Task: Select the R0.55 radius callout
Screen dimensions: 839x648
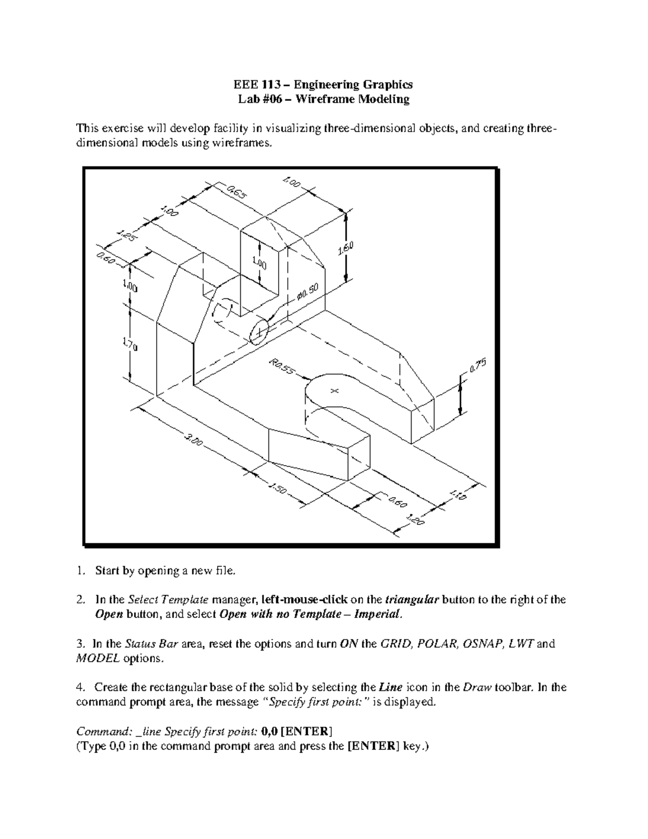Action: point(281,368)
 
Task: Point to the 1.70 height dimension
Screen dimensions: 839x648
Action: point(130,343)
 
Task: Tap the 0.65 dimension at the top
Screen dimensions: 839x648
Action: point(235,192)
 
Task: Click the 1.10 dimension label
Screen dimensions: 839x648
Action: point(457,494)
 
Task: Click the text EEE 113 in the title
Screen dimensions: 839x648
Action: point(253,84)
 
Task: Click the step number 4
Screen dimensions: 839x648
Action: point(80,688)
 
